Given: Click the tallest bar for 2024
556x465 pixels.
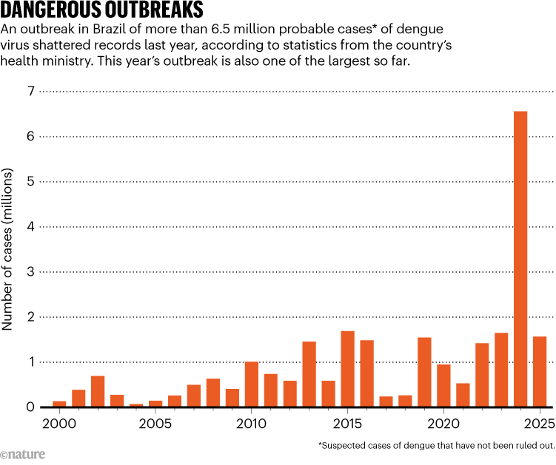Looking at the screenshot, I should (x=520, y=259).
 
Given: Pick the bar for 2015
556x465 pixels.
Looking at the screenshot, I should (x=347, y=369).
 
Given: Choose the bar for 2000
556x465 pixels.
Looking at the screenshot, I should (x=59, y=404).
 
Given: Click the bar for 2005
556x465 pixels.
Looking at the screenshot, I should (x=155, y=404).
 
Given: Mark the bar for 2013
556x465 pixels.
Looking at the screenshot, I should (x=309, y=374).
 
